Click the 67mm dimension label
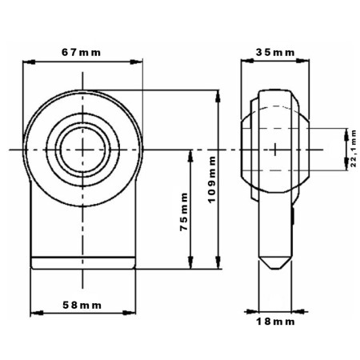tap(82, 52)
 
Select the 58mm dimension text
tap(82, 305)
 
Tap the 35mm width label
tap(275, 52)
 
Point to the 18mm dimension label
tap(275, 322)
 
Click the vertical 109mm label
tap(211, 180)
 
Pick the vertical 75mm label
tap(184, 212)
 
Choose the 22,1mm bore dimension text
tap(354, 148)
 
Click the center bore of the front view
tap(82, 150)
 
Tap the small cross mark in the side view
tap(275, 150)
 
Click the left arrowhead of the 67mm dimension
tap(29, 62)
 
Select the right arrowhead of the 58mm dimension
tap(130, 313)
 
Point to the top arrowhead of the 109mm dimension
tap(218, 96)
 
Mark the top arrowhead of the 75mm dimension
tap(190, 156)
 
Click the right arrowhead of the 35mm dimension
tap(303, 61)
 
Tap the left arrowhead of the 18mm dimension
tap(252, 311)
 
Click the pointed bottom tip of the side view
tap(275, 269)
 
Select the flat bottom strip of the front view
tap(83, 263)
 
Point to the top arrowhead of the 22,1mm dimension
tap(346, 134)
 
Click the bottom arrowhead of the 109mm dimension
tap(218, 262)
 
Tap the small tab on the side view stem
tap(293, 216)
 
